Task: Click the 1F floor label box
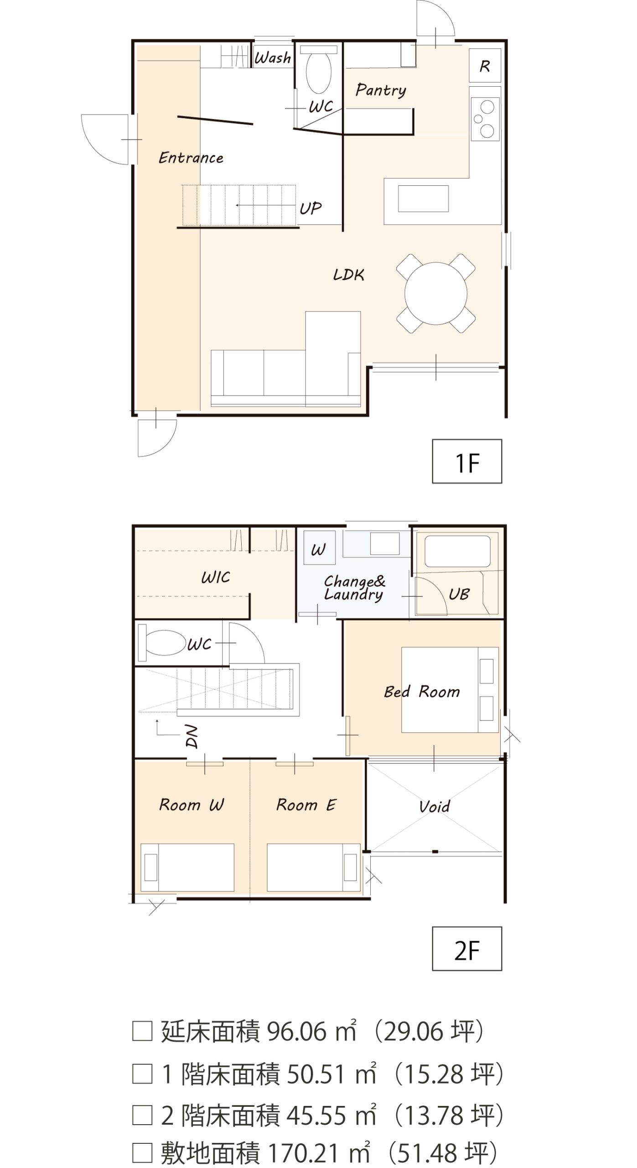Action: point(466,461)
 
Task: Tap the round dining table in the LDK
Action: point(436,293)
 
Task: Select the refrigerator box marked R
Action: point(485,66)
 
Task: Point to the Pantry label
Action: point(381,90)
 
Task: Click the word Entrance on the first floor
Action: point(191,158)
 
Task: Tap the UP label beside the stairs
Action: point(311,208)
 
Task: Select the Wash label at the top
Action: point(273,57)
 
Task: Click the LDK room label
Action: point(349,275)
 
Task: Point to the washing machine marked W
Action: point(319,547)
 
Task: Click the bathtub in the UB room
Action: point(457,551)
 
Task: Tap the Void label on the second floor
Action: point(435,806)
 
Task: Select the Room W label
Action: point(192,804)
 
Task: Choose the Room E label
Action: point(306,804)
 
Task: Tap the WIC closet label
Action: point(216,578)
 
